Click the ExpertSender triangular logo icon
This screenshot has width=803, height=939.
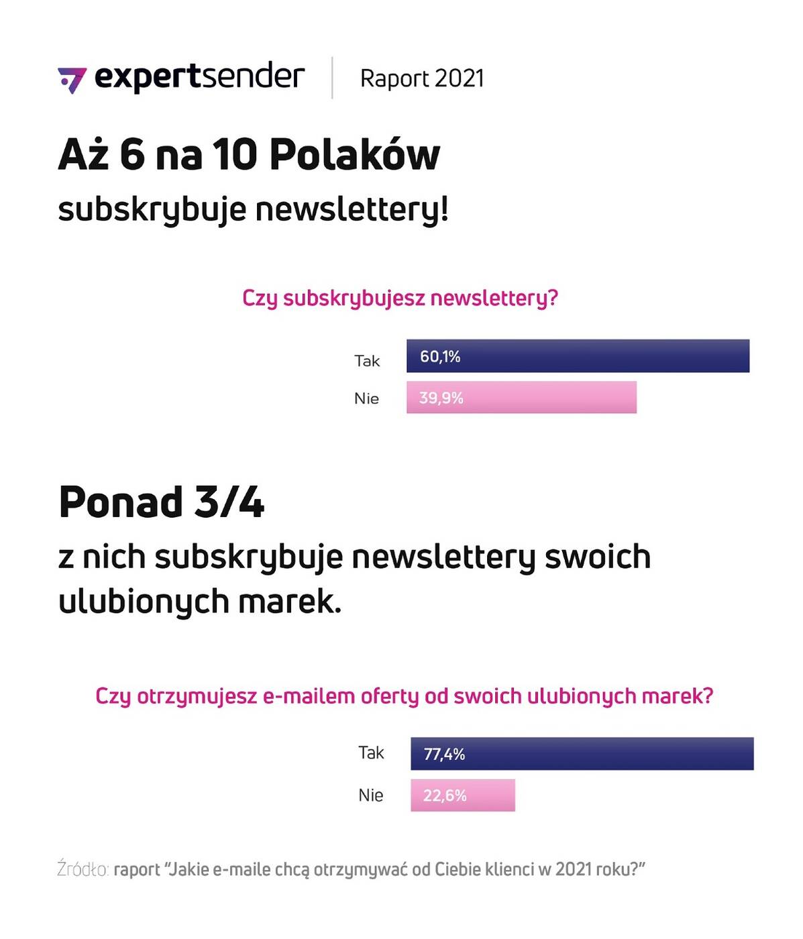point(72,80)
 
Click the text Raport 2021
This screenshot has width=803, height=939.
point(421,78)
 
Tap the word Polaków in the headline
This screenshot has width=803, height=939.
point(355,155)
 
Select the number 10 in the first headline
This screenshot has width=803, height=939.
point(235,155)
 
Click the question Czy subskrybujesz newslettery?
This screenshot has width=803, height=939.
point(400,298)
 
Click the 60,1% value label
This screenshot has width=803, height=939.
point(440,357)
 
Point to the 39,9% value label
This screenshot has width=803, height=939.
point(441,398)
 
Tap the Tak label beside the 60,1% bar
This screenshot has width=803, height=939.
point(367,361)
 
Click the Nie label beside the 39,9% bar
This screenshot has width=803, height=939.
point(366,398)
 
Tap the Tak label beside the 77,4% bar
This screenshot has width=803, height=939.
point(371,753)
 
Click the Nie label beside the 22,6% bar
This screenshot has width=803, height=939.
point(370,795)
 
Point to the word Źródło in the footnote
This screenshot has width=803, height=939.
point(83,869)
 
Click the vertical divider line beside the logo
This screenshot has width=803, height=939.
point(332,78)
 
